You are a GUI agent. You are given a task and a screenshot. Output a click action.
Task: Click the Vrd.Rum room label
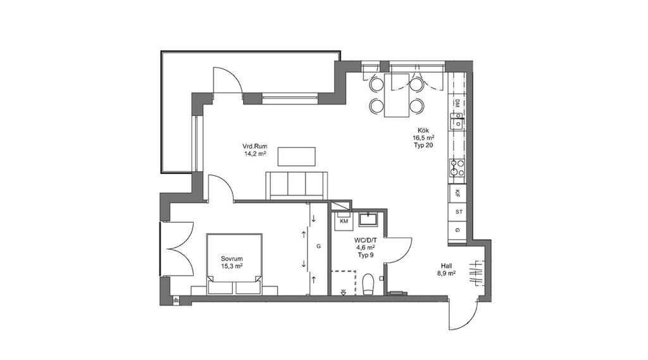click(254, 146)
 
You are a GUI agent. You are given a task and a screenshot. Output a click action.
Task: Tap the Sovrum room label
click(232, 259)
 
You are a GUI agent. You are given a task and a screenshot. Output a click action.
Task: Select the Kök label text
click(423, 130)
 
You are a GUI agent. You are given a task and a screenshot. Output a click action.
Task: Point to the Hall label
click(446, 266)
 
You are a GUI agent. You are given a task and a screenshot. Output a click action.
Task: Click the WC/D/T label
click(365, 240)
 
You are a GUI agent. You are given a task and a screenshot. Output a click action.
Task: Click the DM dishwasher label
click(458, 103)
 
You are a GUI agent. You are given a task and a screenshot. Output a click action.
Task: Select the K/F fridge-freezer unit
click(458, 192)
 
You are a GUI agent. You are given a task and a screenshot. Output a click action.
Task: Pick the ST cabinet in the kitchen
click(458, 212)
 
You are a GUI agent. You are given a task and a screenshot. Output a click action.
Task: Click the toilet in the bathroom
click(368, 285)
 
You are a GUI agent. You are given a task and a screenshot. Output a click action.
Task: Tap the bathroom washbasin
click(368, 219)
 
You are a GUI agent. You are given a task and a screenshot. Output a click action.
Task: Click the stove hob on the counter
click(458, 168)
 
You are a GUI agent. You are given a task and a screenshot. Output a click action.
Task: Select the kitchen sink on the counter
click(457, 123)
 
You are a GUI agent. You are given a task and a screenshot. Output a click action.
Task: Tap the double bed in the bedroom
click(235, 264)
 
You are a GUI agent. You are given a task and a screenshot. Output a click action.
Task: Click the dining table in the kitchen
click(397, 96)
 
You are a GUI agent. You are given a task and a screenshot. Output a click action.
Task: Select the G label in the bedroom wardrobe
click(319, 246)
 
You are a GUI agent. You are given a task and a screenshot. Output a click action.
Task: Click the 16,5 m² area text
click(423, 138)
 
